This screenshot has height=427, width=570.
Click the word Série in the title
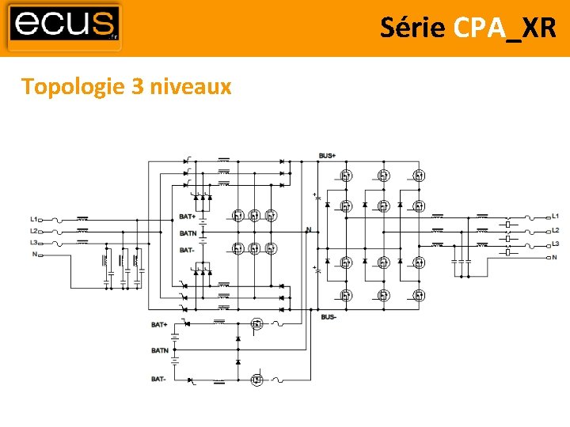412,28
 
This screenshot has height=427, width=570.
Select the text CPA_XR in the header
506,28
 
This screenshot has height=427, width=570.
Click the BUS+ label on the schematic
328,156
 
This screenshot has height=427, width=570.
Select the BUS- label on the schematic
329,318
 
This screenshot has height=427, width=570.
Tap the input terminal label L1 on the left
34,218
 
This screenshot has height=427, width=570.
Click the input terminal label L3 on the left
34,242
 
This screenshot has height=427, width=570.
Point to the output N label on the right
554,258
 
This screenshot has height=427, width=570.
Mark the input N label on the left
34,255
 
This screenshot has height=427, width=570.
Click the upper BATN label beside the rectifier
188,233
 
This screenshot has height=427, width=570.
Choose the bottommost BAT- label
159,380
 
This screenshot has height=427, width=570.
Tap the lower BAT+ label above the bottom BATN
159,324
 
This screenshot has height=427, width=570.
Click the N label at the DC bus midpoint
309,230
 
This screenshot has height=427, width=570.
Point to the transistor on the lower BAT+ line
256,323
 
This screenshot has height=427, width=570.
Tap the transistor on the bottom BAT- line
256,380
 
